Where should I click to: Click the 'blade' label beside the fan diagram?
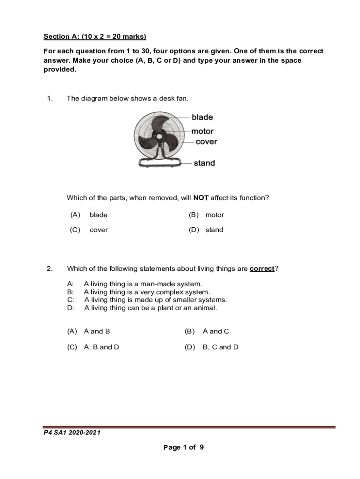[x=202, y=117]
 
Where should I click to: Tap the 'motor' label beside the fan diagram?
[x=202, y=131]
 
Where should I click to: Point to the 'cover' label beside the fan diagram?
[x=206, y=142]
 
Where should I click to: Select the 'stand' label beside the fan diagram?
[x=204, y=163]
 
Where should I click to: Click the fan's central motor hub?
[x=159, y=137]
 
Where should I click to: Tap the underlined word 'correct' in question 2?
[x=262, y=269]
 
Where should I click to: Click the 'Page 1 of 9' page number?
[x=183, y=448]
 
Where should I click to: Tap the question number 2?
[x=49, y=269]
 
